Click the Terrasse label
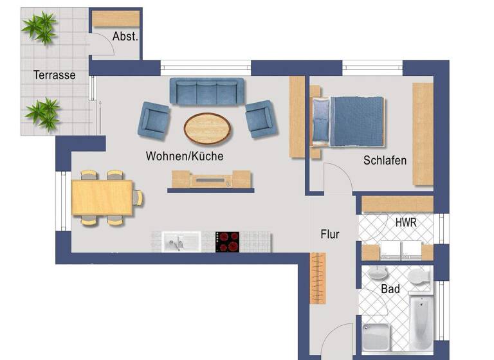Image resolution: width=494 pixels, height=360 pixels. [55, 75]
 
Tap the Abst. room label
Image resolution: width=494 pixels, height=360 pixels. [125, 37]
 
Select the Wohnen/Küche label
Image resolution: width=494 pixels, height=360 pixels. [185, 156]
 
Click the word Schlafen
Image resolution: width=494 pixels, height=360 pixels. [385, 160]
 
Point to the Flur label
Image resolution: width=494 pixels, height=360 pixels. [330, 234]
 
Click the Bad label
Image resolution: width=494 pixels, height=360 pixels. [390, 289]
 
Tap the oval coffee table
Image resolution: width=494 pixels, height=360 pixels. [208, 127]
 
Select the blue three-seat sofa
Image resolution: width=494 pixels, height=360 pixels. [207, 91]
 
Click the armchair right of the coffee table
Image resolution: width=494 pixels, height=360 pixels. [261, 118]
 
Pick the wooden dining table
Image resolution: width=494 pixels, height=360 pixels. [102, 197]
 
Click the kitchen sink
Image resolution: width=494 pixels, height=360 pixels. [176, 242]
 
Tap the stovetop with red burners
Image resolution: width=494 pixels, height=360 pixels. [227, 242]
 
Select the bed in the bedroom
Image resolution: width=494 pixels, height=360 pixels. [347, 120]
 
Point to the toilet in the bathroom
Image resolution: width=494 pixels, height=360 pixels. [419, 277]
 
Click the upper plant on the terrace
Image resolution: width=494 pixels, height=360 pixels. [39, 27]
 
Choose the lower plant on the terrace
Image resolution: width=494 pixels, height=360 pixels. [42, 113]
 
